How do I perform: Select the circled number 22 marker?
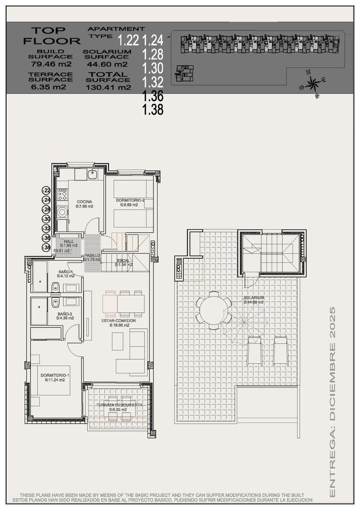[46, 191]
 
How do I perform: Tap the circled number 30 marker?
[46, 219]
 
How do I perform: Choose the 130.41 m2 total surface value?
[108, 87]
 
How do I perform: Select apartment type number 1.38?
[153, 109]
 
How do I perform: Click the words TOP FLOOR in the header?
[50, 35]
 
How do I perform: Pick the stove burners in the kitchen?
[63, 194]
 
